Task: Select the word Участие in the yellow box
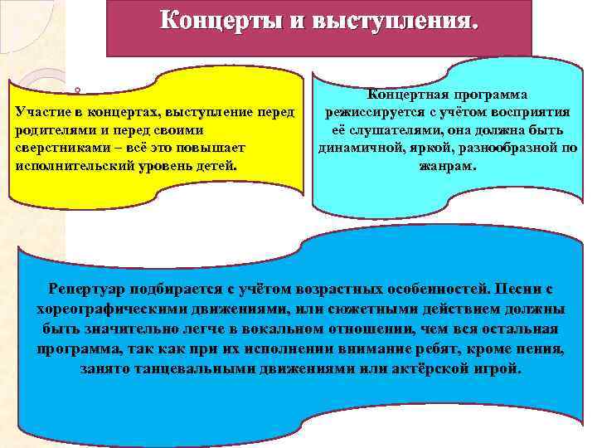(42, 112)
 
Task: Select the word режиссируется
(376, 113)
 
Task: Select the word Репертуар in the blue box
(90, 289)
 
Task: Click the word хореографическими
(109, 309)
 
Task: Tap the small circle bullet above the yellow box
(76, 88)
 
